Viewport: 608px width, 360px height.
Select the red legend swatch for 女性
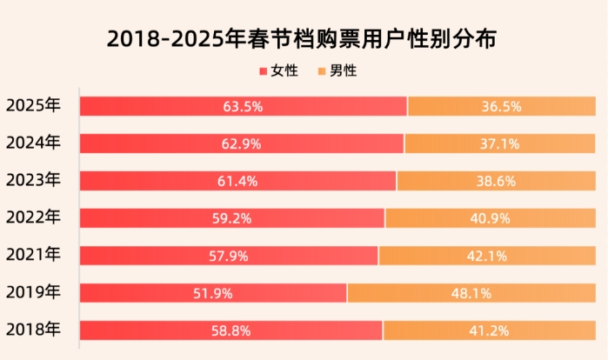(264, 71)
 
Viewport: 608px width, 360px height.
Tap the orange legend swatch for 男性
(324, 71)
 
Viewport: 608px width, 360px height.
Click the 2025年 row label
(33, 106)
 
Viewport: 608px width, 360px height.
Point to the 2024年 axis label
(33, 143)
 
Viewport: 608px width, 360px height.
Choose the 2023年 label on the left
(33, 181)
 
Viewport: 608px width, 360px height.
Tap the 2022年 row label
(33, 217)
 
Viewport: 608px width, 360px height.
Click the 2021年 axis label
(33, 255)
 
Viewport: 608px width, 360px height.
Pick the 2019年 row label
(33, 292)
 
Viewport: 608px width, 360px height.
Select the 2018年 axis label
(33, 330)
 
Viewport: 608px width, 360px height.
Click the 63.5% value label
(243, 107)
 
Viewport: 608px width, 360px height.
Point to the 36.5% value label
(501, 107)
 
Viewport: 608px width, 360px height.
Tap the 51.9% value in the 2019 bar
(213, 293)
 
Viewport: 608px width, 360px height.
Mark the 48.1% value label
(471, 293)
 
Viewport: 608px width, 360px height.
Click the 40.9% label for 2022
(491, 218)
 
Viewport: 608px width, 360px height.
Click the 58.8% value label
(231, 330)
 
